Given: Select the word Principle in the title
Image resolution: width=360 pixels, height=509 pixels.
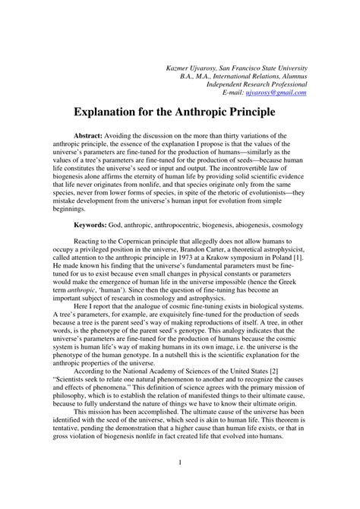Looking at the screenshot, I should pyautogui.click(x=258, y=115).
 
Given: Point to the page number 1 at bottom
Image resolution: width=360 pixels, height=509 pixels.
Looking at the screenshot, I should pyautogui.click(x=180, y=483).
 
